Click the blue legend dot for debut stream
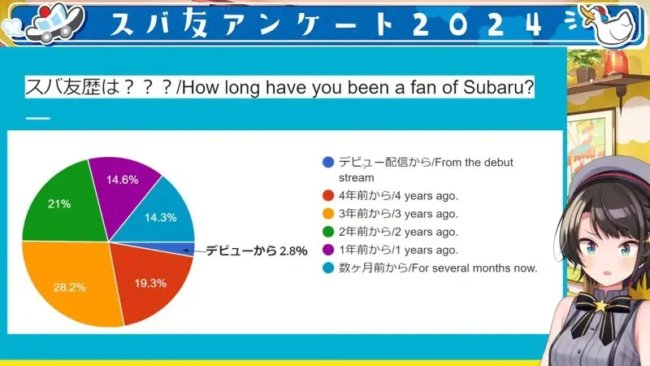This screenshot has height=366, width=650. tap(328, 162)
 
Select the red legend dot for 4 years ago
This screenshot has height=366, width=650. tap(328, 195)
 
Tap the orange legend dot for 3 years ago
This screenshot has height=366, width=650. tap(328, 214)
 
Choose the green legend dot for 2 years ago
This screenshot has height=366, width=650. tap(328, 232)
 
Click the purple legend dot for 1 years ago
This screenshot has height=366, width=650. tap(328, 250)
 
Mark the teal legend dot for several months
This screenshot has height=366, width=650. tap(328, 268)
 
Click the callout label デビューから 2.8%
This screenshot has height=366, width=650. tap(257, 251)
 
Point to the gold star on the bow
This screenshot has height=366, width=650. tap(599, 306)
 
